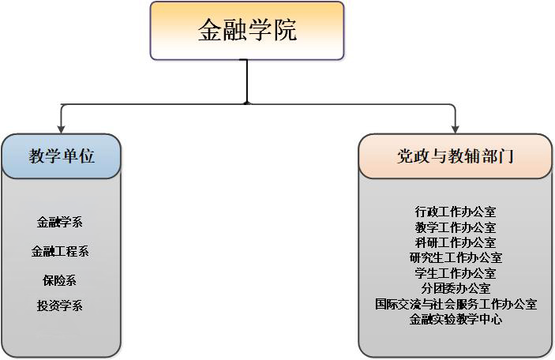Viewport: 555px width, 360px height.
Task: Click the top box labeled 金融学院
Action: (x=247, y=31)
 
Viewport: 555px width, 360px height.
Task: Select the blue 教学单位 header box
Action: (x=62, y=156)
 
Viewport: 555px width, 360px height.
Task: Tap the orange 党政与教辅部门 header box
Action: (x=455, y=156)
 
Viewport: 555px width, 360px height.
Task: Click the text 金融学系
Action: (x=60, y=223)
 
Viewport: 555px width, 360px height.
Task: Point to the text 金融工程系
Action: (x=60, y=252)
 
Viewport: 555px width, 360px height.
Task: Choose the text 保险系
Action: (x=60, y=280)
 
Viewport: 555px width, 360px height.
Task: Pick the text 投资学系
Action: (x=60, y=306)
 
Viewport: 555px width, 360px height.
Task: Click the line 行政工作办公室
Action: (x=456, y=212)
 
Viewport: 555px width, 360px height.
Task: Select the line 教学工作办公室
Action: (x=456, y=227)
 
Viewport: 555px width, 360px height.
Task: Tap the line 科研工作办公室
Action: (x=456, y=242)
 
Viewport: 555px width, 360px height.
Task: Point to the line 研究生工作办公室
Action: (x=456, y=257)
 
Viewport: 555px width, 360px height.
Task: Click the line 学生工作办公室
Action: (x=456, y=273)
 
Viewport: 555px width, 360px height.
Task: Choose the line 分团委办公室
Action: (x=456, y=288)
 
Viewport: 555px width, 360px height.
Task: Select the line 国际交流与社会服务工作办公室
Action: (x=456, y=304)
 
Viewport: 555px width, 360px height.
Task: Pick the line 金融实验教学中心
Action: (x=456, y=320)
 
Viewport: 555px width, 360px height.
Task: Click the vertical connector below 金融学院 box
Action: (x=248, y=81)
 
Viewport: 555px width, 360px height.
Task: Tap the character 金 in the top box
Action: (x=209, y=32)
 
